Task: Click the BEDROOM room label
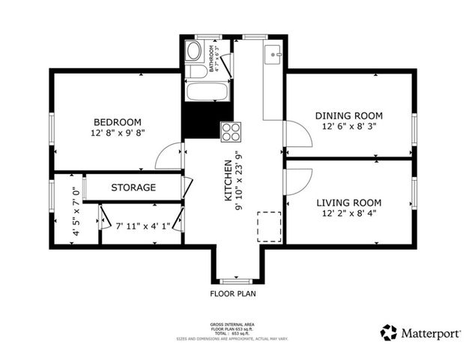click(118, 122)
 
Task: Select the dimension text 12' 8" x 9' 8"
click(118, 133)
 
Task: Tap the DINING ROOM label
click(348, 115)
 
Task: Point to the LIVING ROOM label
click(348, 202)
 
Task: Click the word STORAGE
click(133, 187)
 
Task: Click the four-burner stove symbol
click(231, 131)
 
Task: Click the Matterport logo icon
click(388, 332)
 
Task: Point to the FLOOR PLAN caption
click(232, 294)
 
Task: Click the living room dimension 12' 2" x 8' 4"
click(348, 214)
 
